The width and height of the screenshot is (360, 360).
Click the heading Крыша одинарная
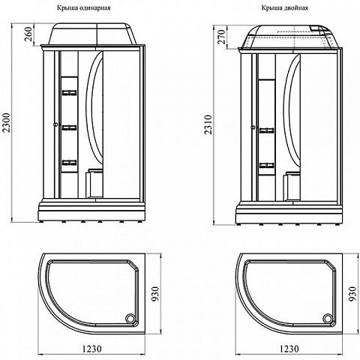[x=84, y=8]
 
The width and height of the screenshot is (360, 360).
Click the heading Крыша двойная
[x=285, y=8]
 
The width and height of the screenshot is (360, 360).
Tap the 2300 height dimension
[x=6, y=122]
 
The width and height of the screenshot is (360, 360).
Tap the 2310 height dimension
[x=208, y=124]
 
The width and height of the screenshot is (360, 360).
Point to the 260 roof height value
[x=29, y=34]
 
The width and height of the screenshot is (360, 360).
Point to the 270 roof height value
[x=221, y=37]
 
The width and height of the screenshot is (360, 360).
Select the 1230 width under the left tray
[x=92, y=348]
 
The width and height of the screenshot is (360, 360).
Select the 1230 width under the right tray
[x=289, y=348]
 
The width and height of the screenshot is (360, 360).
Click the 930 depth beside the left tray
[x=155, y=294]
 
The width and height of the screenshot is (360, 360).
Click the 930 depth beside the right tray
[x=352, y=294]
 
